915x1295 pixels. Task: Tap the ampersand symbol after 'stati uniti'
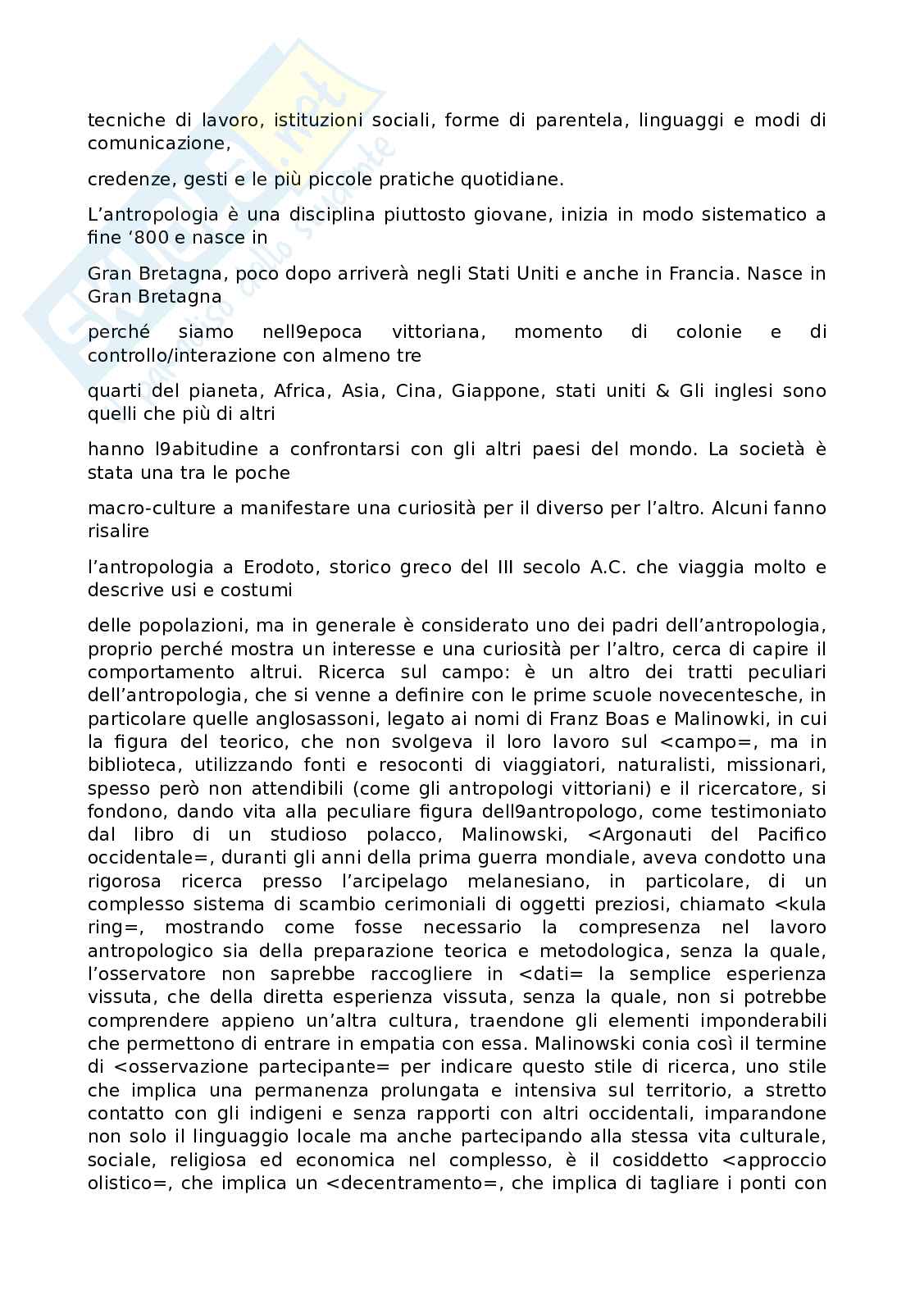pyautogui.click(x=662, y=391)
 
